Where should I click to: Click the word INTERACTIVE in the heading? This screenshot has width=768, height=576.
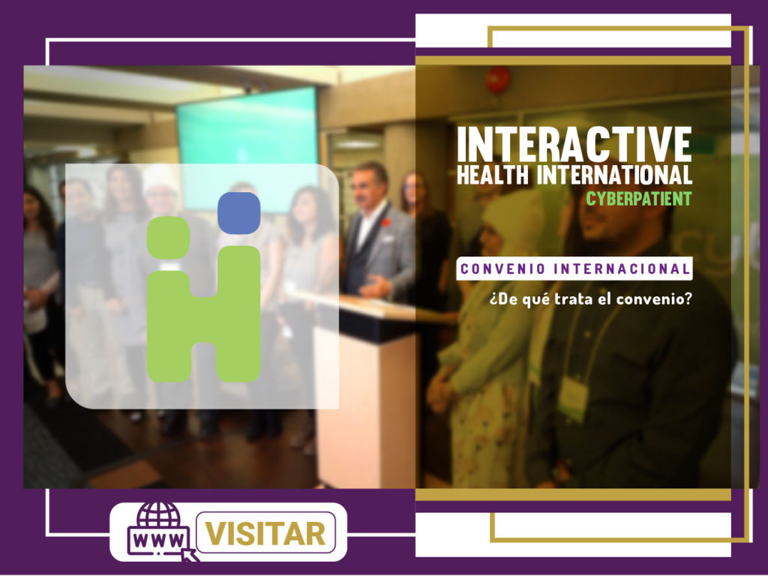click(574, 144)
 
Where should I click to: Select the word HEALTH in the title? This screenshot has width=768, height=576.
click(493, 175)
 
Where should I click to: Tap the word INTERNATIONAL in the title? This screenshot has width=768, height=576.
click(615, 175)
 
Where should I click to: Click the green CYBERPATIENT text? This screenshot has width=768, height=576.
click(639, 198)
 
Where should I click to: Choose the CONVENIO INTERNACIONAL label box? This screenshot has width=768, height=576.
click(574, 268)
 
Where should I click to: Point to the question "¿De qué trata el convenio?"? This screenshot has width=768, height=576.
click(591, 298)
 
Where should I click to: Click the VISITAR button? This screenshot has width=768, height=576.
click(265, 533)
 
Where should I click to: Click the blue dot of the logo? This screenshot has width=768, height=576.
click(239, 213)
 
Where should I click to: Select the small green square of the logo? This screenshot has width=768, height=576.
click(169, 238)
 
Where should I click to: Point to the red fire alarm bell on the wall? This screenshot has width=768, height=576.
click(498, 79)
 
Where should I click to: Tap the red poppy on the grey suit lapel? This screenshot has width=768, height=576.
click(387, 223)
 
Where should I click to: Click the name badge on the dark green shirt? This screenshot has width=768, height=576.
click(573, 397)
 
